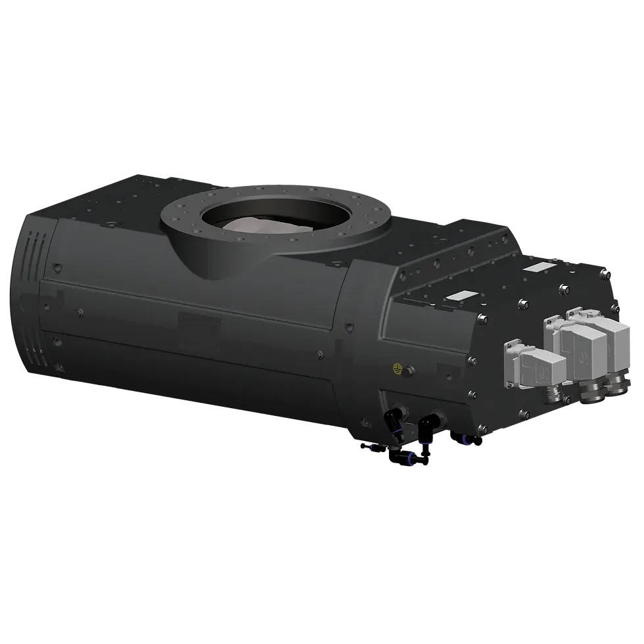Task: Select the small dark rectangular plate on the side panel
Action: point(199,325)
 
